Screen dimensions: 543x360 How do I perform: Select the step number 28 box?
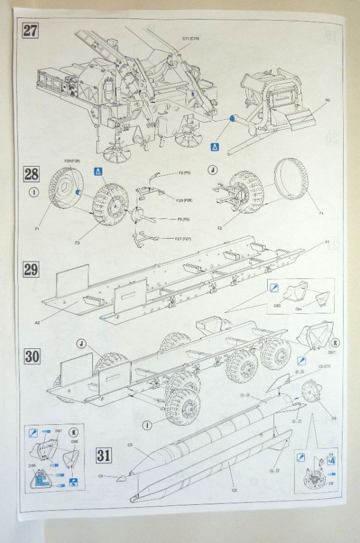pos(31,173)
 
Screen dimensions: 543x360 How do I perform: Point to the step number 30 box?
pos(31,357)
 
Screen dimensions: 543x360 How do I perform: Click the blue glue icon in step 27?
pos(214,147)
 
